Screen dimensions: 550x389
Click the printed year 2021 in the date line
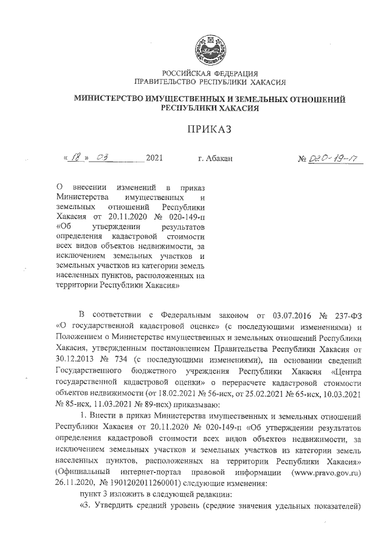click(x=154, y=159)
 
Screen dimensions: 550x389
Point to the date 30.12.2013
click(x=75, y=360)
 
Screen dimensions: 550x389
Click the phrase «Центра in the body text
click(x=347, y=371)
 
